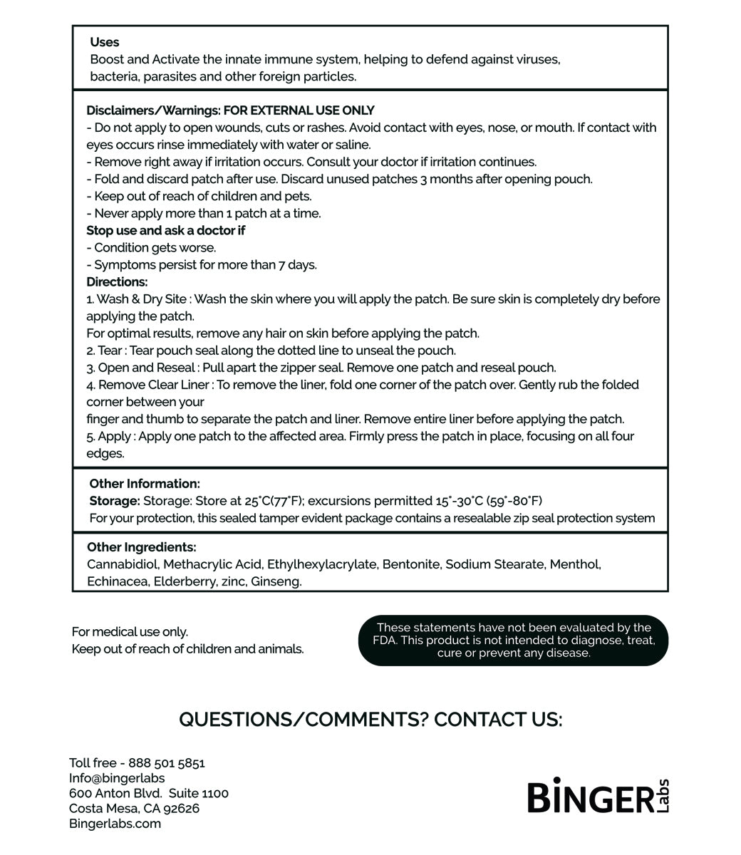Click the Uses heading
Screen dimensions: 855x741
(105, 42)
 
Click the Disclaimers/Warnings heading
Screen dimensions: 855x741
(230, 110)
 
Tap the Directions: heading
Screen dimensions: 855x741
(117, 281)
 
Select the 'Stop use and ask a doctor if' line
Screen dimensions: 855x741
(166, 230)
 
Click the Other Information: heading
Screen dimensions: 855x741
(145, 484)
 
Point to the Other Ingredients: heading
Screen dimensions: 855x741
(141, 547)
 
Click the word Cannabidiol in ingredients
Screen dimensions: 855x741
(123, 564)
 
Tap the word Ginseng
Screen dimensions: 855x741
(276, 581)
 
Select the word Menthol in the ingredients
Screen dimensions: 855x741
(575, 564)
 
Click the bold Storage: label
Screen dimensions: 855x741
(114, 501)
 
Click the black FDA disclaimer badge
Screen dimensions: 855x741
(513, 640)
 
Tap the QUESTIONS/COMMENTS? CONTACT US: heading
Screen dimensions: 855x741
(370, 720)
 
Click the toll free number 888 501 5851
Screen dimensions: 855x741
(166, 763)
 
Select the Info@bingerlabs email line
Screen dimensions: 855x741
(117, 778)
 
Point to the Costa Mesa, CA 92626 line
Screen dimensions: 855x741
(134, 809)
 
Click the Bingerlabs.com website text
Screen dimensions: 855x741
(115, 824)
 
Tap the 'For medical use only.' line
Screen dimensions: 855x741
(130, 632)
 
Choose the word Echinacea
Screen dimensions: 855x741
(117, 581)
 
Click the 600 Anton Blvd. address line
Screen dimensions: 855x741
(148, 793)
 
